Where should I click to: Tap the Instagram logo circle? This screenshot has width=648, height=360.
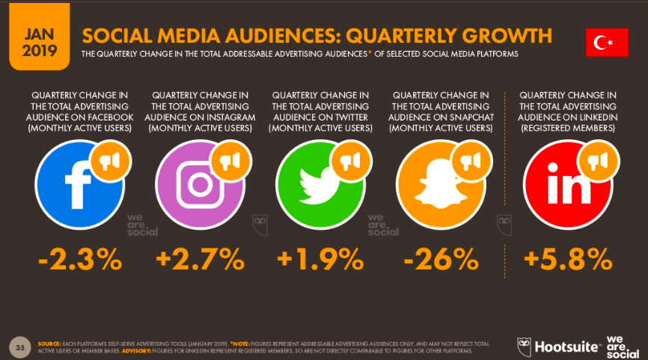tap(199, 180)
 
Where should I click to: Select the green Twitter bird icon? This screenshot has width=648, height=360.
tap(320, 180)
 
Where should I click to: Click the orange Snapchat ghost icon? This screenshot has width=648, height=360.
tap(440, 180)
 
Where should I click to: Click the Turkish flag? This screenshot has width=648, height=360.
tap(606, 43)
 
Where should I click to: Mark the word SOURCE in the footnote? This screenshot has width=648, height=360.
tap(49, 344)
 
